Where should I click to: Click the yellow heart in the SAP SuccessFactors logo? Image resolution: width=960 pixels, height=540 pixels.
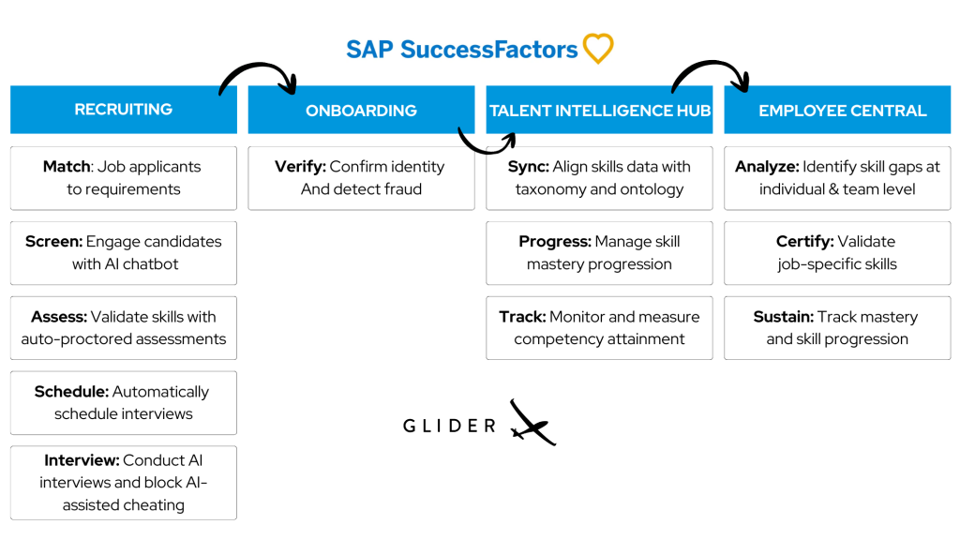click(x=597, y=49)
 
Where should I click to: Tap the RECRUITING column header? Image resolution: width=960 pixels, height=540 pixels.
click(x=124, y=110)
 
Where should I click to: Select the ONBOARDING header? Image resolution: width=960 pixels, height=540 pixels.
click(x=361, y=111)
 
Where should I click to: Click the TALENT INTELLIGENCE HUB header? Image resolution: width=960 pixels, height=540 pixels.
click(x=600, y=111)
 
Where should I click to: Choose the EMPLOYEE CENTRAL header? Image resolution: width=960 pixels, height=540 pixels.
click(x=842, y=111)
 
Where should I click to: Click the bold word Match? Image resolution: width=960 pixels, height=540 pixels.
click(x=66, y=167)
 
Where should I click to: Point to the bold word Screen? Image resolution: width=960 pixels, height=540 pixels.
click(x=52, y=242)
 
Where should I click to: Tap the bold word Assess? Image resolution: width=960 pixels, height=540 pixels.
click(x=58, y=317)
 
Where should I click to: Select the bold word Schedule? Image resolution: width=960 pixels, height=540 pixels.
click(x=70, y=392)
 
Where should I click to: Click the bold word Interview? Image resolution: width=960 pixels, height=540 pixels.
click(x=82, y=460)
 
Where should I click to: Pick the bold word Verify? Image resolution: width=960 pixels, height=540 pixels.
click(x=300, y=167)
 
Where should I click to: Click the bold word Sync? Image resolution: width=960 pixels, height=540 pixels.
click(x=528, y=167)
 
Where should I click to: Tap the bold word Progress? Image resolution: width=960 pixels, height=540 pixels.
click(x=554, y=242)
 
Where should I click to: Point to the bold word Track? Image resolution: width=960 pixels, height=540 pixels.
click(x=522, y=317)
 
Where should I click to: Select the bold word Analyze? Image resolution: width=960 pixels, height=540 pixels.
click(x=767, y=167)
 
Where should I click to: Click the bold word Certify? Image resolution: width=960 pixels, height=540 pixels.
click(x=804, y=242)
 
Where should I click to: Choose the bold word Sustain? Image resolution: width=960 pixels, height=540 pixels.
click(x=783, y=317)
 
